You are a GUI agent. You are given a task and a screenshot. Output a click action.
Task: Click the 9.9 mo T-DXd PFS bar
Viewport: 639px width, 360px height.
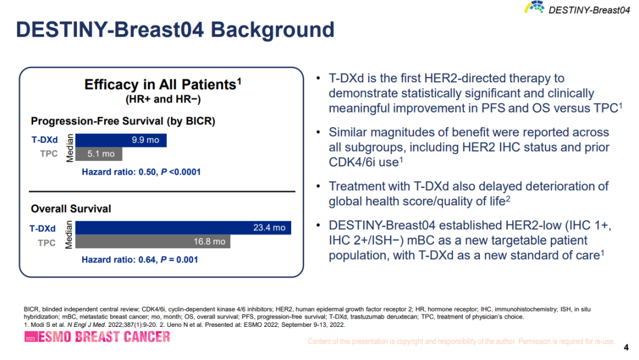click(121, 140)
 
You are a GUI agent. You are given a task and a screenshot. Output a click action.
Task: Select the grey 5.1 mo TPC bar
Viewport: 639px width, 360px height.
click(99, 154)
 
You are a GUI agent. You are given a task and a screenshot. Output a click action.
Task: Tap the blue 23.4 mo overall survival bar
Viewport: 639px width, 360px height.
click(183, 227)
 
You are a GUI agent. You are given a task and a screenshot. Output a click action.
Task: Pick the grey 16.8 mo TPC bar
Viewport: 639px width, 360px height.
click(153, 242)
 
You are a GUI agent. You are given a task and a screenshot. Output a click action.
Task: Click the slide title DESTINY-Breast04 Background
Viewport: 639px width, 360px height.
click(175, 30)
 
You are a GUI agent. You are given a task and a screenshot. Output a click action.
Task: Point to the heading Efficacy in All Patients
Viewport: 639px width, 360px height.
click(163, 85)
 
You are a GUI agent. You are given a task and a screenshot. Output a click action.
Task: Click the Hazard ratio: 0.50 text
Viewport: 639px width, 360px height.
click(119, 172)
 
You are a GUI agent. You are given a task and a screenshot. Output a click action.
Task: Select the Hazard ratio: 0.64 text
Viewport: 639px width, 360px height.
click(119, 260)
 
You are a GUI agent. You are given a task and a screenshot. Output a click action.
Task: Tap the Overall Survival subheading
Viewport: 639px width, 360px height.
click(71, 209)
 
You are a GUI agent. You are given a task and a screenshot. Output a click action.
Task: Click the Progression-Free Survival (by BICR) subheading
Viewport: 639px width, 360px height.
click(123, 121)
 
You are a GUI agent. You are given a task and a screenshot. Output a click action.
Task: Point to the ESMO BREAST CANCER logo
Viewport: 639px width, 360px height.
click(97, 337)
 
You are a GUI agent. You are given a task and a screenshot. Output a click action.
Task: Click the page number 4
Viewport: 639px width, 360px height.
click(627, 348)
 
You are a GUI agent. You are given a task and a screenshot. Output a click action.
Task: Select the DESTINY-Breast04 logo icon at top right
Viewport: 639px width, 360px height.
click(534, 7)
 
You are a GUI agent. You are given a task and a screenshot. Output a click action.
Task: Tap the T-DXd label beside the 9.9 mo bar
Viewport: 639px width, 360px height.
click(45, 140)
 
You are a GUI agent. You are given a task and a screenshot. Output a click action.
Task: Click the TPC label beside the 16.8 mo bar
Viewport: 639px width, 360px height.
click(47, 243)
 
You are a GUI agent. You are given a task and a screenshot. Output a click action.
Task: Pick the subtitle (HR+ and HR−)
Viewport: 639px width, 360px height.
click(163, 99)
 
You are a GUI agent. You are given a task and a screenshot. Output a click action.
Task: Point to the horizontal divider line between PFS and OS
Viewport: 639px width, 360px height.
click(162, 191)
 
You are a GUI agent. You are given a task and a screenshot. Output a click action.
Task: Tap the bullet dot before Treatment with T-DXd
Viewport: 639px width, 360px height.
click(318, 186)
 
